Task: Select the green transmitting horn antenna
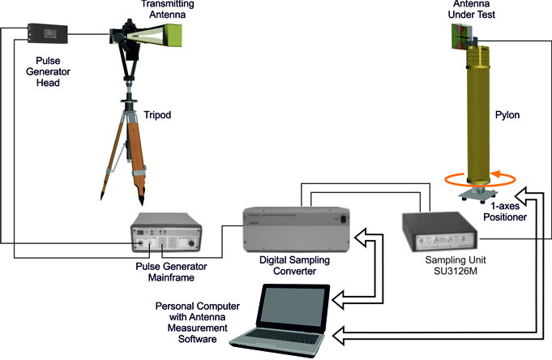click(173, 36)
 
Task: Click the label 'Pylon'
click(507, 115)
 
